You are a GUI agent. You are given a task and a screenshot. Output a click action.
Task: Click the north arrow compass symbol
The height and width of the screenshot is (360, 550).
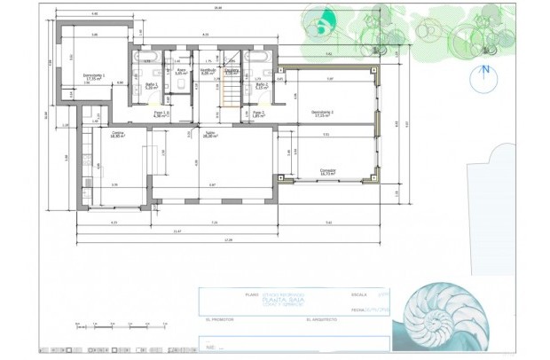485,77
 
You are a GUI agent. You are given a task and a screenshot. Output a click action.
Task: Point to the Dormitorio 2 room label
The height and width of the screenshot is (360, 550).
321,113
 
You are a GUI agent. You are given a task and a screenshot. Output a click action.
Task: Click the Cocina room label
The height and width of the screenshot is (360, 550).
117,136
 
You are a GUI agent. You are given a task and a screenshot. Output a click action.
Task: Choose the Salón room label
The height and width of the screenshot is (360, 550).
210,135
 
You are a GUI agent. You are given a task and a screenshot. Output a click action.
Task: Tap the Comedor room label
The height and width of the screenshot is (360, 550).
329,172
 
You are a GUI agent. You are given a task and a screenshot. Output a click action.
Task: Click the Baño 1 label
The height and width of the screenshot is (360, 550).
151,86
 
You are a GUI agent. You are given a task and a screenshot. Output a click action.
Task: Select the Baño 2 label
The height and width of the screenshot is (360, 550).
261,86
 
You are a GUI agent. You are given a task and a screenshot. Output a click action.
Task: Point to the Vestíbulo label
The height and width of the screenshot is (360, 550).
208,71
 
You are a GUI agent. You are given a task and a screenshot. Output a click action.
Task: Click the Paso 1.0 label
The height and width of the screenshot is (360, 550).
161,114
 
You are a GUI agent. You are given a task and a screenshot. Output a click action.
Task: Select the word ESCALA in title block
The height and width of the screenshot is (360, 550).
359,293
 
